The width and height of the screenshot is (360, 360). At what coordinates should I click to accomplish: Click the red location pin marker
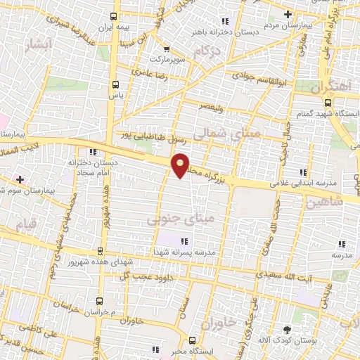pos(181,165)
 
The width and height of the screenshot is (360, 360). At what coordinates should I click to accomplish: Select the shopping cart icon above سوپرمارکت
pos(166,49)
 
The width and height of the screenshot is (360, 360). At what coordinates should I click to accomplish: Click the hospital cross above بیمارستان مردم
pos(288,15)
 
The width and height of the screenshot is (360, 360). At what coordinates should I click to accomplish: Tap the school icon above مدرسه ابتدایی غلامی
pos(303,172)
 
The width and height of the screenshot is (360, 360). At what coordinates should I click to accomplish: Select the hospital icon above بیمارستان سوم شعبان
pos(20,179)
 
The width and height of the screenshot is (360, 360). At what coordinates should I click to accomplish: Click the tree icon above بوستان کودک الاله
pos(287,329)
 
